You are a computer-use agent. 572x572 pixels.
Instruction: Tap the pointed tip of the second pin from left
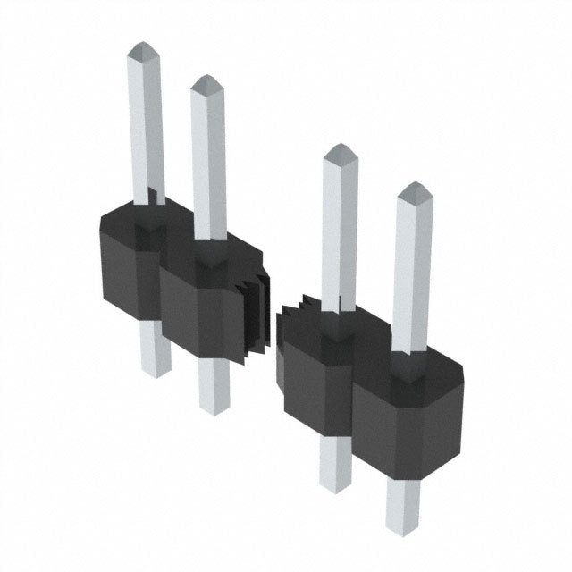[x=206, y=83]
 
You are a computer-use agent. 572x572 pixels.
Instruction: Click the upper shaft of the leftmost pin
[x=147, y=125]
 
